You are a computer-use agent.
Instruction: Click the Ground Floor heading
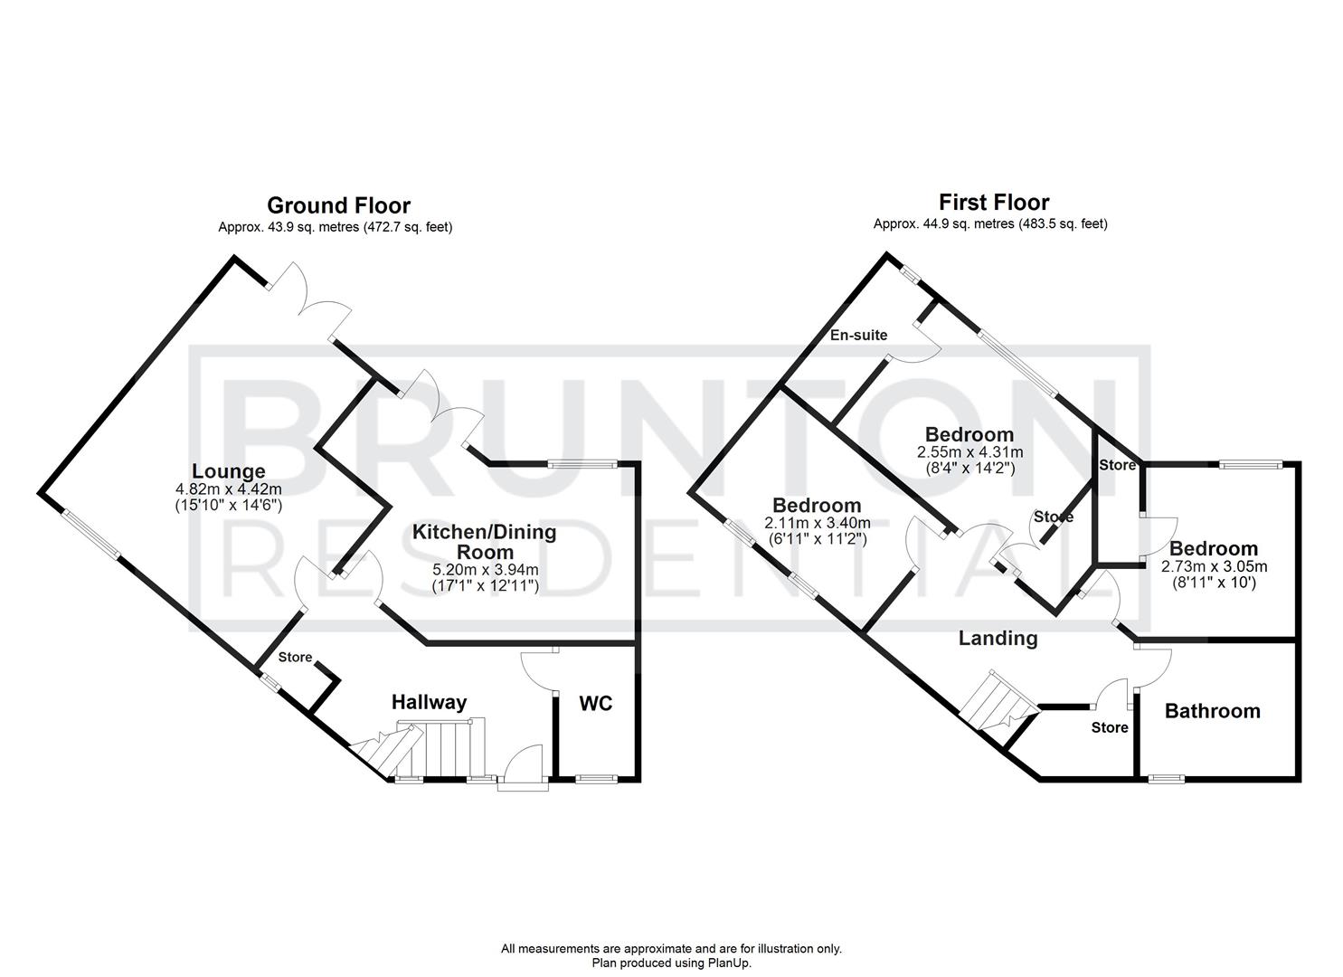pos(338,206)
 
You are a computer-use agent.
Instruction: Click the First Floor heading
pos(994,202)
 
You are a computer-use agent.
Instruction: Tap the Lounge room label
pos(228,471)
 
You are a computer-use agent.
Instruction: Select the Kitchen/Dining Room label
pos(485,541)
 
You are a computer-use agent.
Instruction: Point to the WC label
pos(595,703)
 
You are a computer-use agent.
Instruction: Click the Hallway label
pos(429,702)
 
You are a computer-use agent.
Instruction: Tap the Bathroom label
pos(1212,711)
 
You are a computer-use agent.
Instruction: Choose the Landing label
pos(998,639)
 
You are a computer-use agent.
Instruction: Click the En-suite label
pos(859,335)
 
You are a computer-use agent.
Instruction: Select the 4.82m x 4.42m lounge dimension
pos(229,489)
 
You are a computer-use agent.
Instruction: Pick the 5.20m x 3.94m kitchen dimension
pos(486,570)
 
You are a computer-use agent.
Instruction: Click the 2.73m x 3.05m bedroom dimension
pos(1214,567)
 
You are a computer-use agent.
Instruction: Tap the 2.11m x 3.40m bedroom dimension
pos(817,523)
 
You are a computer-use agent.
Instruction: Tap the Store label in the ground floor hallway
pos(295,658)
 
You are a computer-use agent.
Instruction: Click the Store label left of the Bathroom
pos(1110,727)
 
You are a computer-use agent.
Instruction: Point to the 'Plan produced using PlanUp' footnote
pos(671,963)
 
